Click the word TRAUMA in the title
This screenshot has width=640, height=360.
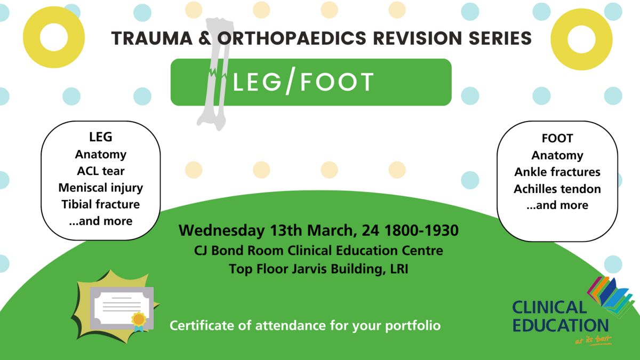click(x=152, y=38)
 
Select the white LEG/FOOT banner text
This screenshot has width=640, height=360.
click(x=303, y=82)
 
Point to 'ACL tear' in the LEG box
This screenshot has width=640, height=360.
click(x=101, y=171)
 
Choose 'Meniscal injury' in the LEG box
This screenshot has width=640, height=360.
click(x=101, y=188)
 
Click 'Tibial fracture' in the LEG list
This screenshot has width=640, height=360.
click(x=101, y=204)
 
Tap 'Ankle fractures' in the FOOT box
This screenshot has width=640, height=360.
click(x=557, y=172)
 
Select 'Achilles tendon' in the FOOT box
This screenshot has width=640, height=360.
click(x=557, y=189)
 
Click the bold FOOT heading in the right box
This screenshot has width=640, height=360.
click(x=557, y=138)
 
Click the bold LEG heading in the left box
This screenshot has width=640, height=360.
click(x=101, y=137)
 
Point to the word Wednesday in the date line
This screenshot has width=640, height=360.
click(x=222, y=231)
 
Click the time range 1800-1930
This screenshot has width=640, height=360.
click(x=421, y=230)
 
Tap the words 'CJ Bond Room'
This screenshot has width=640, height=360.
click(x=239, y=251)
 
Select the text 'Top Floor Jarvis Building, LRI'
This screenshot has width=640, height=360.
click(x=318, y=269)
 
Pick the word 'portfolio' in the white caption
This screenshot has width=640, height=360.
click(x=413, y=326)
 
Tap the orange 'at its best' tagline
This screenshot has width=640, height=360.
click(x=594, y=340)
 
